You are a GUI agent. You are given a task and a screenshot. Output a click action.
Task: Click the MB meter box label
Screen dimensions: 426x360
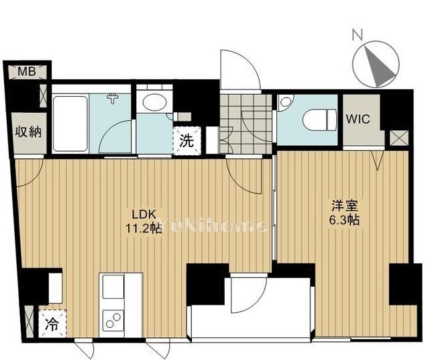click(x=27, y=72)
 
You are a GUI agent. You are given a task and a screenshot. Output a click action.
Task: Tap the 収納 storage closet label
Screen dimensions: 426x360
click(x=28, y=132)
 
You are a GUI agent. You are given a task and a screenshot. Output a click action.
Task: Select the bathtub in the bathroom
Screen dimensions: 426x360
click(x=70, y=124)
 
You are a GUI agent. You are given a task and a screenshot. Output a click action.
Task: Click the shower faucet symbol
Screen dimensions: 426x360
click(x=113, y=98)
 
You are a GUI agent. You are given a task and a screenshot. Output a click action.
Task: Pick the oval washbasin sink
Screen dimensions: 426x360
click(x=154, y=102)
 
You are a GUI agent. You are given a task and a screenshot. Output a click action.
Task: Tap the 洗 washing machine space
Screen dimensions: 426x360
click(x=187, y=141)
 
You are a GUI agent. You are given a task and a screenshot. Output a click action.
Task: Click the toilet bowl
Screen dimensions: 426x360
click(x=320, y=120)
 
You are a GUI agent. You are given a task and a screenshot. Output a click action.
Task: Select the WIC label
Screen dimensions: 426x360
click(x=358, y=119)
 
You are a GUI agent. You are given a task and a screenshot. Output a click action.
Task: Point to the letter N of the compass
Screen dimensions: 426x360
click(x=358, y=36)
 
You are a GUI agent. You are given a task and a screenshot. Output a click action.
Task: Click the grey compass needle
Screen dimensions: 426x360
click(x=378, y=67)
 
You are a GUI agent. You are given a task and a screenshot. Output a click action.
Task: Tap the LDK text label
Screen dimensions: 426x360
click(x=144, y=214)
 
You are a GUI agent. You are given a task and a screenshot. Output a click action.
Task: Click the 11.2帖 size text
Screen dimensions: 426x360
click(x=144, y=228)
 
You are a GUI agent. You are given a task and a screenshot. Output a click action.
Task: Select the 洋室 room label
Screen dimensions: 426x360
click(x=344, y=206)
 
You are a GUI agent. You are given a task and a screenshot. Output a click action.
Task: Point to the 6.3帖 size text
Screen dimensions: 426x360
click(x=344, y=220)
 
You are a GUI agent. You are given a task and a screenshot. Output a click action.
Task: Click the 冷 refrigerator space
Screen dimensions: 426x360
click(x=52, y=324)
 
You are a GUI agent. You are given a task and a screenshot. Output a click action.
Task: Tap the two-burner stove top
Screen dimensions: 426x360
click(x=113, y=320)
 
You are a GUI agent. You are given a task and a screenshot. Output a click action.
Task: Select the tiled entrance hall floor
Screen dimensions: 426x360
click(x=246, y=124)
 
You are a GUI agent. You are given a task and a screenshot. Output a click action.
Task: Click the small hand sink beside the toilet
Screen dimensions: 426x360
click(x=285, y=102)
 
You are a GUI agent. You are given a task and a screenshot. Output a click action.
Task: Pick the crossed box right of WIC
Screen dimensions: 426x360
click(x=399, y=138)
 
